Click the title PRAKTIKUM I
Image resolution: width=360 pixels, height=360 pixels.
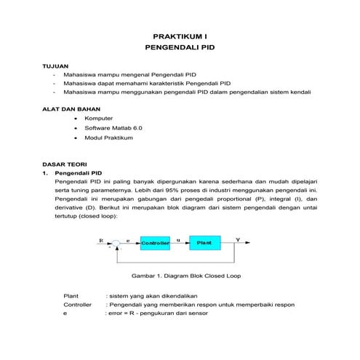180,35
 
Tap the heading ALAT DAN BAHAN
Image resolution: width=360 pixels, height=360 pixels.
69,108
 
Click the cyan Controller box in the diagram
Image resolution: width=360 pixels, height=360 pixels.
154,242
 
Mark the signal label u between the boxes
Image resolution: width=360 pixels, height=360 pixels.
179,239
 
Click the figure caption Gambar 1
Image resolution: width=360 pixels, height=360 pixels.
179,276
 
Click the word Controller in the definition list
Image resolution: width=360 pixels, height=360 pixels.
77,305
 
